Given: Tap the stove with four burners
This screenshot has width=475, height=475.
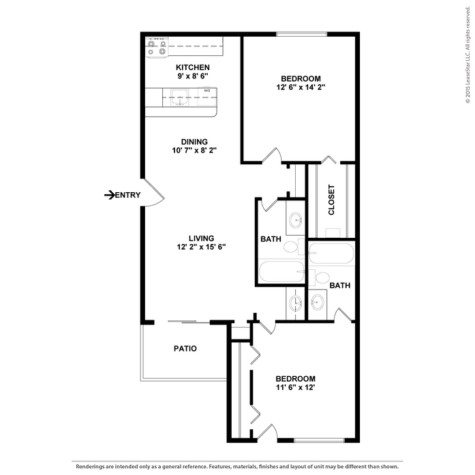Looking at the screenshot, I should [157, 47].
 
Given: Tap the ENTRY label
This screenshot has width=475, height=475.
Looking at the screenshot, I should [127, 196].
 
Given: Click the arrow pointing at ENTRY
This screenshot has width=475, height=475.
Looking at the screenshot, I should [108, 196].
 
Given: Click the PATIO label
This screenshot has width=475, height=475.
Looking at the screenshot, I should [185, 348].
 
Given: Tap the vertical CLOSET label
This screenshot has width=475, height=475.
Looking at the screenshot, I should [332, 200].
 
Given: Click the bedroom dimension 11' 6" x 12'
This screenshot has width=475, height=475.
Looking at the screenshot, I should [295, 388].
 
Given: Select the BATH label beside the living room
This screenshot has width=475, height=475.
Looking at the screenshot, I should [271, 239].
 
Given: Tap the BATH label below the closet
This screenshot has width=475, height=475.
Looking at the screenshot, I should [339, 286].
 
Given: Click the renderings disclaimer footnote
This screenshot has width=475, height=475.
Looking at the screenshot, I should [237, 467].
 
